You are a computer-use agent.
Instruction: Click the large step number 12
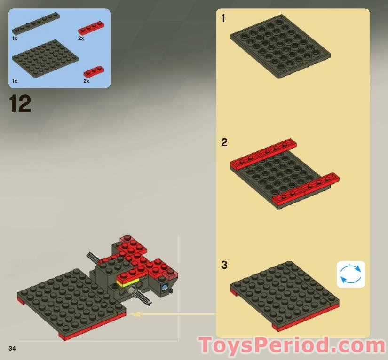pos(20,104)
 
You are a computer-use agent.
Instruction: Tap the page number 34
pos(12,348)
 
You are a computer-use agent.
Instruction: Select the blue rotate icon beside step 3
pos(351,274)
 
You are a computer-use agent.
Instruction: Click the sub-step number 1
pos(223,19)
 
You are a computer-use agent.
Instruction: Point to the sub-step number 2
pos(224,142)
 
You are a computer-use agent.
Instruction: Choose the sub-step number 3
pos(224,265)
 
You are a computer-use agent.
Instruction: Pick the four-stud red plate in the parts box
pos(91,27)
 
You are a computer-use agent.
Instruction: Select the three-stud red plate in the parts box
pos(94,71)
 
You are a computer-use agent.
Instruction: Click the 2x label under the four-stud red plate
pos(81,38)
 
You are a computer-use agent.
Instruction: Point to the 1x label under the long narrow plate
pos(15,38)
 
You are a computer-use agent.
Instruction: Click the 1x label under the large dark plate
pos(15,81)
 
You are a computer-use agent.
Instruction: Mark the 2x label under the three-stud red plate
pos(86,81)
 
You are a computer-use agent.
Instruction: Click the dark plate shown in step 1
pos(280,46)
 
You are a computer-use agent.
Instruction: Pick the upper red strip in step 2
pos(263,153)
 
